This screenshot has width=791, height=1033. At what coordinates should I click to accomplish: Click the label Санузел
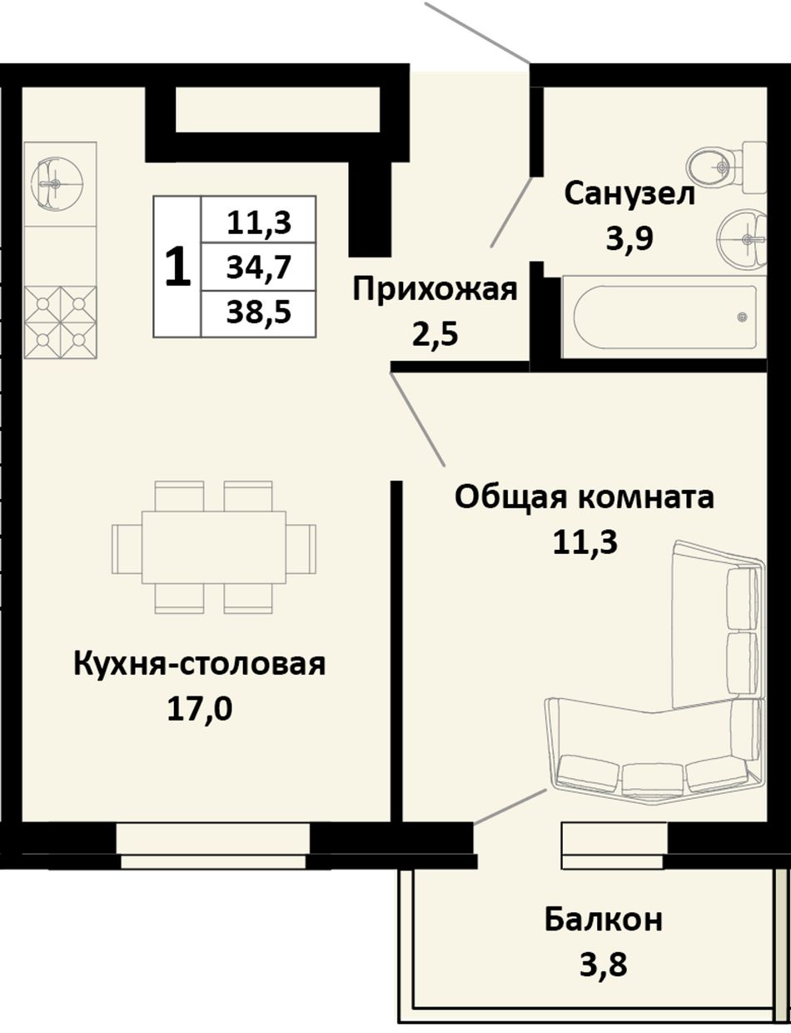[629, 195]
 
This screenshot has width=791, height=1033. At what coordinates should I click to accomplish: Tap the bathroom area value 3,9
[630, 238]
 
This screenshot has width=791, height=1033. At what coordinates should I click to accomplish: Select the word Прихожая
[435, 290]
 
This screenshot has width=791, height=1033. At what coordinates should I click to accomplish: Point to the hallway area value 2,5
[435, 335]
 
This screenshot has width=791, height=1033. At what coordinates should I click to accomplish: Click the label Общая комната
[585, 497]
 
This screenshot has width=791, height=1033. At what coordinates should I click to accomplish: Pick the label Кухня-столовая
[200, 665]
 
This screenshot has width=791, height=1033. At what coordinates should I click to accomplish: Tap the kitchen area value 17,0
[200, 709]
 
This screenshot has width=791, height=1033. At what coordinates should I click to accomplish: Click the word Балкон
[604, 920]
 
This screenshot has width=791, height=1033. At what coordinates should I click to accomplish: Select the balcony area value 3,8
[604, 965]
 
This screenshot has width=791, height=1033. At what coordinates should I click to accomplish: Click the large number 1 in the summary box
[177, 267]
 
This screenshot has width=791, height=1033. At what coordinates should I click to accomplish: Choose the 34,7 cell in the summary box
[259, 267]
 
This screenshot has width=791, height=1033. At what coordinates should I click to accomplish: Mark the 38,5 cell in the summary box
[259, 312]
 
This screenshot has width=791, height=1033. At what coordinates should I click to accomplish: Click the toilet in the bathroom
[727, 167]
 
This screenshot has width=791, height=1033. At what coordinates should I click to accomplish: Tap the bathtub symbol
[664, 317]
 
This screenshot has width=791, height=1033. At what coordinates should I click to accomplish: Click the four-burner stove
[60, 322]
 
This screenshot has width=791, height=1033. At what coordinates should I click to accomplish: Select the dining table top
[214, 547]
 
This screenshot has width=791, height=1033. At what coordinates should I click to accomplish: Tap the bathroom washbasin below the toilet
[742, 237]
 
